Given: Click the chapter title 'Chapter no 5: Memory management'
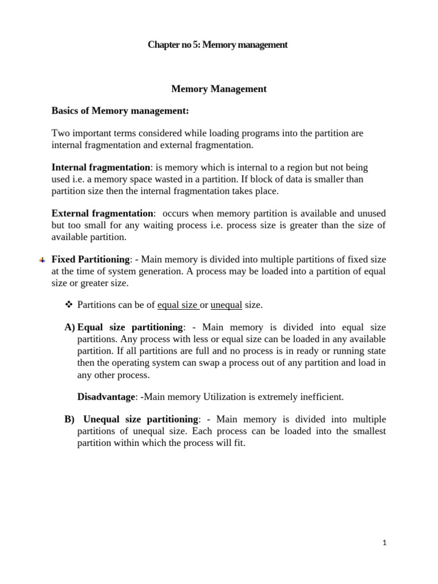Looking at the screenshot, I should click(218, 44).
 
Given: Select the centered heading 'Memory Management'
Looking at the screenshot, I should click(219, 89).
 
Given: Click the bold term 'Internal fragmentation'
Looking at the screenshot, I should click(100, 168).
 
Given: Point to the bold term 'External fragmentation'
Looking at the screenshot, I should click(103, 213).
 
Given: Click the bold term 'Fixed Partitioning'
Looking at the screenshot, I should click(91, 259).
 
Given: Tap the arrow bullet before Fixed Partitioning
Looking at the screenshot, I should click(42, 260).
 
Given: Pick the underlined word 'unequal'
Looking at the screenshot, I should click(226, 305).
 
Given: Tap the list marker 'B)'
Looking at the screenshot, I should click(70, 419).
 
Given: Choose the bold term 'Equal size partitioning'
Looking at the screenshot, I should click(129, 327).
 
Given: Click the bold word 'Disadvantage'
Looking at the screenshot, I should click(104, 396).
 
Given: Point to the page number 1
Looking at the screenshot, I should click(385, 544).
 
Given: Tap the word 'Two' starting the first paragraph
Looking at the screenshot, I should click(60, 133).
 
